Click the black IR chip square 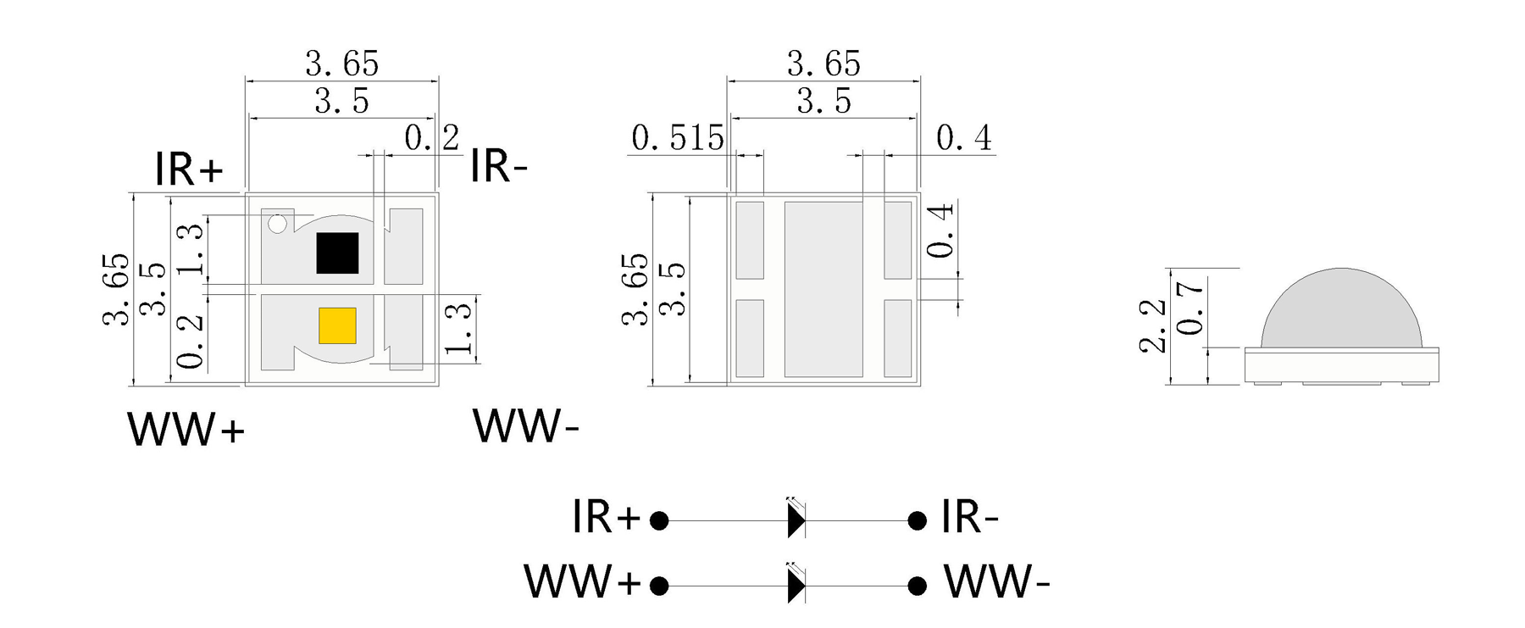[337, 253]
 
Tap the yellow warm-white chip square [337, 326]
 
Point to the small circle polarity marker [277, 224]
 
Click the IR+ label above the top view [188, 169]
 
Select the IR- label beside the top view [498, 166]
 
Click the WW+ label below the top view [186, 430]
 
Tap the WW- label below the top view [525, 425]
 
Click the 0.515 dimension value [678, 138]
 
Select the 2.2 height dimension [1152, 325]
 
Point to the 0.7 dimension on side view [1190, 308]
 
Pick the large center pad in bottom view [823, 289]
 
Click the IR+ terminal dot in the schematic [659, 520]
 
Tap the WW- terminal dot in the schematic [917, 586]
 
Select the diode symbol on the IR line [796, 520]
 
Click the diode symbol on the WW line [796, 585]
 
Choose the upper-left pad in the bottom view [750, 240]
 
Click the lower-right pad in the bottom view [897, 338]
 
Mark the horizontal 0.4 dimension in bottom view [963, 138]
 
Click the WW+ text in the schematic [582, 582]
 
